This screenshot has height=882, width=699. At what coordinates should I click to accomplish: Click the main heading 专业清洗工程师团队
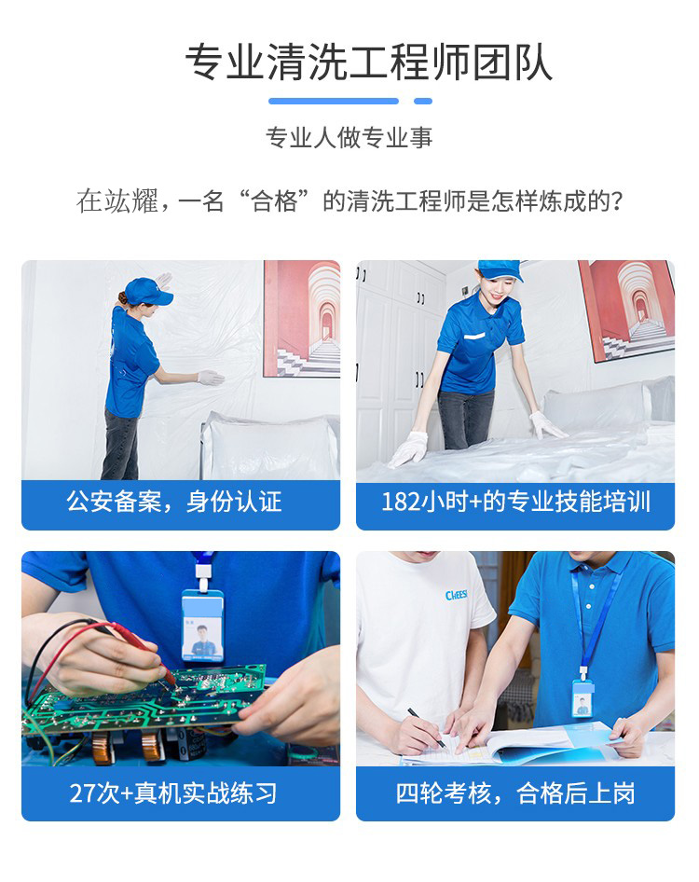pyautogui.click(x=368, y=62)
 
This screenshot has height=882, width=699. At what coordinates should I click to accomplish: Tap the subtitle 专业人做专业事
pyautogui.click(x=349, y=138)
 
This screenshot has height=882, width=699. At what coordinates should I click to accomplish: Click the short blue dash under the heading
pyautogui.click(x=423, y=102)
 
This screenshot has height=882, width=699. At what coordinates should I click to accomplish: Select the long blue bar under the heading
pyautogui.click(x=334, y=102)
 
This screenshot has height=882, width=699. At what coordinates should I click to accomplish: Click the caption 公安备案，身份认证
pyautogui.click(x=174, y=502)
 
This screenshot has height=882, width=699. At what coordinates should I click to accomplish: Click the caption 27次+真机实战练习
pyautogui.click(x=173, y=793)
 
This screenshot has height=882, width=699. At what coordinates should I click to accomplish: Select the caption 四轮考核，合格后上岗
pyautogui.click(x=515, y=793)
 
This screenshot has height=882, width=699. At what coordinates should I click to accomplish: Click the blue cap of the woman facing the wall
pyautogui.click(x=148, y=291)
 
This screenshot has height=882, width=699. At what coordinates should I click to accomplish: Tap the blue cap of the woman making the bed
pyautogui.click(x=500, y=269)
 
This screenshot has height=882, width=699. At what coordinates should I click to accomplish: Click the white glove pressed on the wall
pyautogui.click(x=211, y=378)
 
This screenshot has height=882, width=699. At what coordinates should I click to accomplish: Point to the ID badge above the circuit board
pyautogui.click(x=202, y=626)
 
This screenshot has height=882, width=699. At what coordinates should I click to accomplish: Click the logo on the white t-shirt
pyautogui.click(x=456, y=595)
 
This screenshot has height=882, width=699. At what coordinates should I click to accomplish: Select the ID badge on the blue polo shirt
pyautogui.click(x=582, y=698)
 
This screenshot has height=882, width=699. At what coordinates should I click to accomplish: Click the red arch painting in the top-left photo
pyautogui.click(x=301, y=318)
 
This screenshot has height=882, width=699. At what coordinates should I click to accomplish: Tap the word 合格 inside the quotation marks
pyautogui.click(x=274, y=201)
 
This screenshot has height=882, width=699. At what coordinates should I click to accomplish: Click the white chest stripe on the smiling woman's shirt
pyautogui.click(x=474, y=337)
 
